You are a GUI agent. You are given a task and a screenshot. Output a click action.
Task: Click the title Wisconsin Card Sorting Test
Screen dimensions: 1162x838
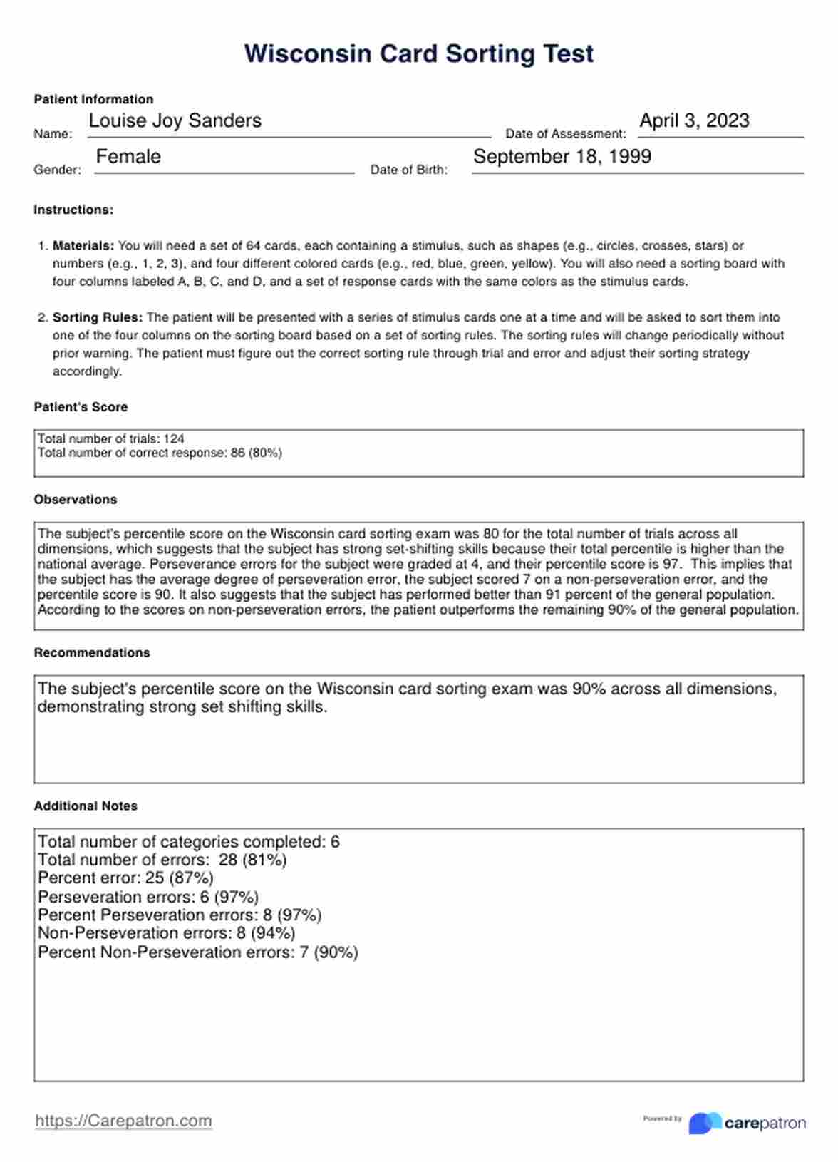pos(418,54)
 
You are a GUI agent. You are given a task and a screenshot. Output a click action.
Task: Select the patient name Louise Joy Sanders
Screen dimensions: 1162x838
pos(175,121)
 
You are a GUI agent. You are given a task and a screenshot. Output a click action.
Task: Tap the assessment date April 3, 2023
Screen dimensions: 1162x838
pos(694,121)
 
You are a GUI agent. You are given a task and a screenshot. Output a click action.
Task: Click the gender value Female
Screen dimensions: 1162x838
pos(128,157)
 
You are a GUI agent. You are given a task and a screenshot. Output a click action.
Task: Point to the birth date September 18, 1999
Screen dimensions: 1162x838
pos(562,157)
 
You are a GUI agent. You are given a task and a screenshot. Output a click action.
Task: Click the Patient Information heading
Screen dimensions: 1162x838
pos(93,99)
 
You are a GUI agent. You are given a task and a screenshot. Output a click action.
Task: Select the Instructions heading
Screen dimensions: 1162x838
pos(73,210)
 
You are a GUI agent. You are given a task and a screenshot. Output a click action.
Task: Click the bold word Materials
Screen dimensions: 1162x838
pos(83,246)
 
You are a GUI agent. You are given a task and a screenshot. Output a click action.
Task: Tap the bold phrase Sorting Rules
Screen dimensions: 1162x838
pos(98,318)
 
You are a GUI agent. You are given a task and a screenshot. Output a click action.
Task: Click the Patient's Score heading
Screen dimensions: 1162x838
pos(81,407)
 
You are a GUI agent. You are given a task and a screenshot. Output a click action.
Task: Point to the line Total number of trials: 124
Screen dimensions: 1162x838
pos(111,438)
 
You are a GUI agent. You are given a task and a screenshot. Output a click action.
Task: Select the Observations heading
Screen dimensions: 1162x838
pos(76,500)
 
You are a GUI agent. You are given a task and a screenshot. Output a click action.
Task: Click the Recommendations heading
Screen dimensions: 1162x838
pos(92,653)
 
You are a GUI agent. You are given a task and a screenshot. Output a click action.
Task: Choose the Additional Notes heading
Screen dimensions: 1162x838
pos(86,806)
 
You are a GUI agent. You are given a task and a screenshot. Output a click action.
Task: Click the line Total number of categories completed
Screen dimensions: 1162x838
pos(189,842)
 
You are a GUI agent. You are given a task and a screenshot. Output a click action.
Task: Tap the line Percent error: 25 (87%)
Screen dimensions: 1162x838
pos(125,878)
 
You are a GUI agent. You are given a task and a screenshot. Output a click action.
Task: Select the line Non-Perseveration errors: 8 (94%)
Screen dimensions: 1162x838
pos(166,933)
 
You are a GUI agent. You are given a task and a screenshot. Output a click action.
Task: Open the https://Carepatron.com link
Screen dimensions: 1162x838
pos(123,1121)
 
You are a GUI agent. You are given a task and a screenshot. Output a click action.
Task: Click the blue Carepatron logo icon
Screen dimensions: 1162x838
pos(704,1123)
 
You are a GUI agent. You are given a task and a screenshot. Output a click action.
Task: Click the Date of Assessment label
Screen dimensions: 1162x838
pos(565,134)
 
